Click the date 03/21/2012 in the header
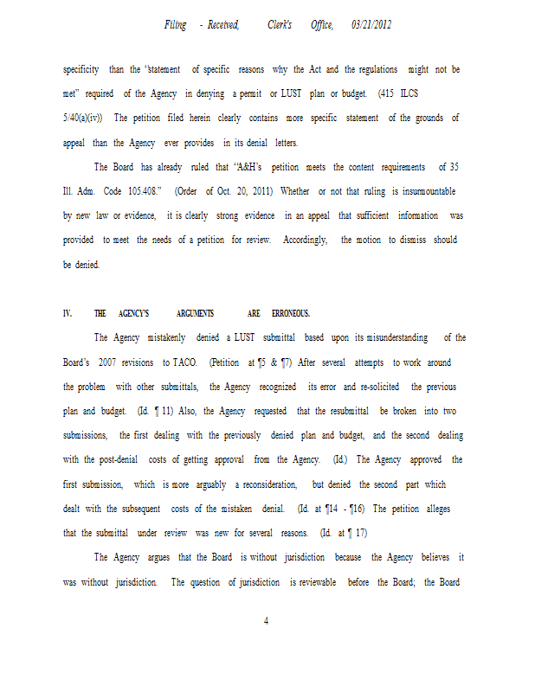point(371,25)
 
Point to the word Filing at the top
point(176,25)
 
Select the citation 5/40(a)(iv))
point(83,118)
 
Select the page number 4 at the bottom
point(267,619)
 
